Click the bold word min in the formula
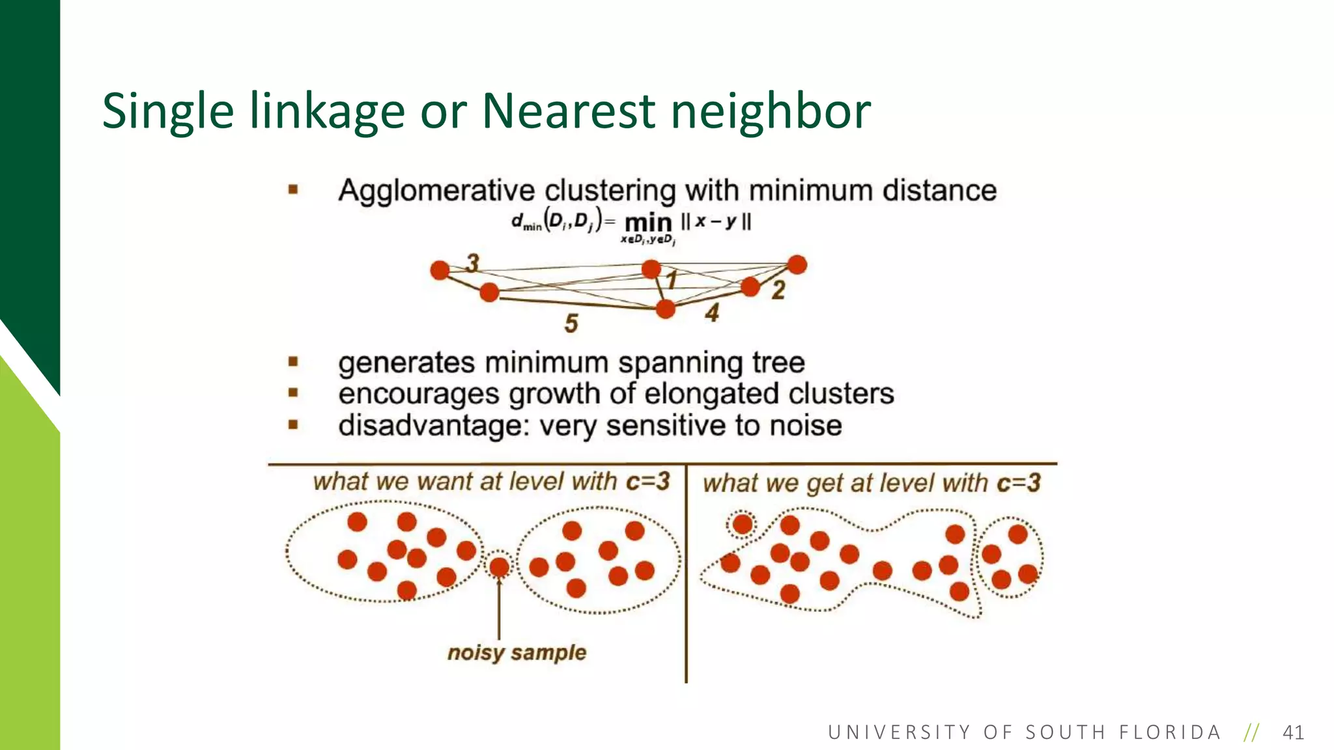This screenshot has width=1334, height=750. (648, 223)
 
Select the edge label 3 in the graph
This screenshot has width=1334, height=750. (473, 263)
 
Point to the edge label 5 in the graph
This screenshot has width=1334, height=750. (571, 324)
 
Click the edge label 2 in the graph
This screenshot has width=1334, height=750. (778, 290)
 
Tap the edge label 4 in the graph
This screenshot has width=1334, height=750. (712, 313)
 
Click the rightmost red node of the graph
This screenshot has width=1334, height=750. (797, 265)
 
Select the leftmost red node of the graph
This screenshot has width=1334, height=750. (440, 270)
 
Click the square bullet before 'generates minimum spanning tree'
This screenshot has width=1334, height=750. (293, 361)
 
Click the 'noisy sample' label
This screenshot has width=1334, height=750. (517, 652)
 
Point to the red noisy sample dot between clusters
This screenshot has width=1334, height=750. (499, 567)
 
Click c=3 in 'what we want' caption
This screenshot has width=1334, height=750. (647, 481)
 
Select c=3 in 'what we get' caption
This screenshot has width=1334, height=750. (1019, 483)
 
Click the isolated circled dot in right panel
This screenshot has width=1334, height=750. (743, 523)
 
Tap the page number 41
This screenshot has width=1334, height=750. (1293, 732)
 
